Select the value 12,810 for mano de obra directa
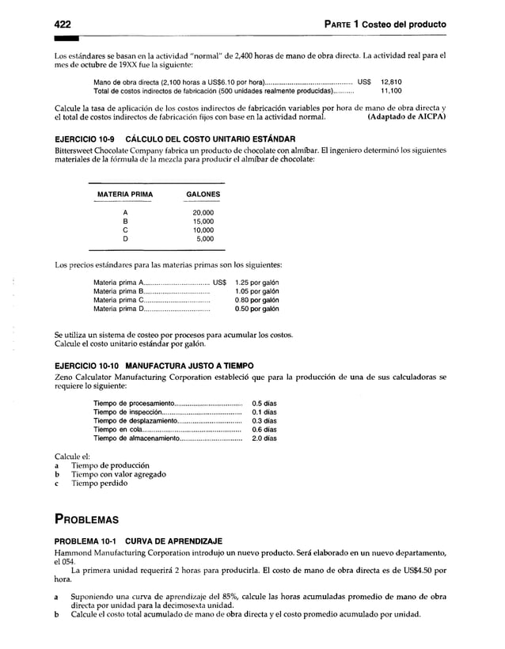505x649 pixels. coord(391,82)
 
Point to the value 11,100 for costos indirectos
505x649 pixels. coord(391,91)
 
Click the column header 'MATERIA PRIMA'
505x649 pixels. coord(124,195)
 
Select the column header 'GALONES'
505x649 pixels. coord(203,195)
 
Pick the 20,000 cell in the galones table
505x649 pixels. coord(203,213)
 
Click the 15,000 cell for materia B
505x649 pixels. coord(203,222)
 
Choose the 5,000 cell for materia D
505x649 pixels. coord(204,238)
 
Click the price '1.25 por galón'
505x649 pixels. coord(256,283)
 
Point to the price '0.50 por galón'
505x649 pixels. coord(256,309)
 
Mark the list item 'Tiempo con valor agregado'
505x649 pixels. coord(119,474)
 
